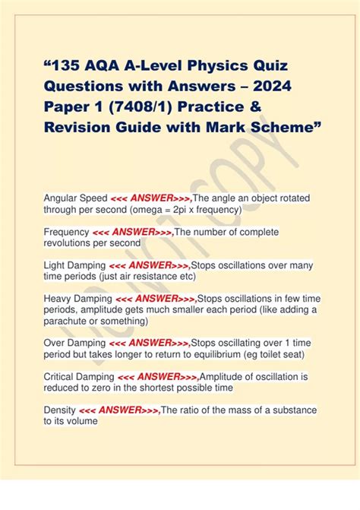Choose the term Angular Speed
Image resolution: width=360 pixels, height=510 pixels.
(x=75, y=198)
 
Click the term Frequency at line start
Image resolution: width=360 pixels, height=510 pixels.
(x=67, y=232)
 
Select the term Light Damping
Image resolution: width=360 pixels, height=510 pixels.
(x=74, y=265)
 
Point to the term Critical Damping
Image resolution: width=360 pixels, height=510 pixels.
(x=79, y=377)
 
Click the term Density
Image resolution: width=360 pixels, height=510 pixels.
(x=59, y=410)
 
